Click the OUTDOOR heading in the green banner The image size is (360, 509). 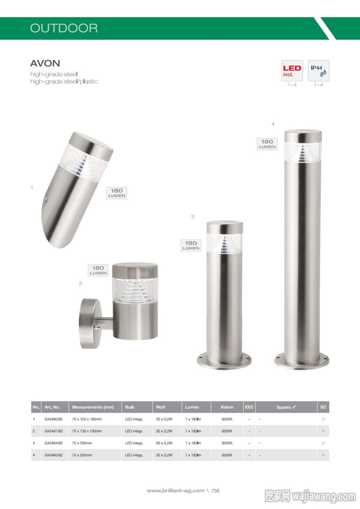(64, 28)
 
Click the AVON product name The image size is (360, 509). (45, 64)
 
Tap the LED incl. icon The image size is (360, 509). (292, 70)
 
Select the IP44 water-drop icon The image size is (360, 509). (318, 70)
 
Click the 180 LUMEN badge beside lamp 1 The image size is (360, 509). (117, 193)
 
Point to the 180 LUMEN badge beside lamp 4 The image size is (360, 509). (267, 144)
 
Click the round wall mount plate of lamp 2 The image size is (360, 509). (87, 323)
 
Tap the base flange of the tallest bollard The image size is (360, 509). (302, 361)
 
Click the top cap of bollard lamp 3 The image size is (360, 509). (225, 227)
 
